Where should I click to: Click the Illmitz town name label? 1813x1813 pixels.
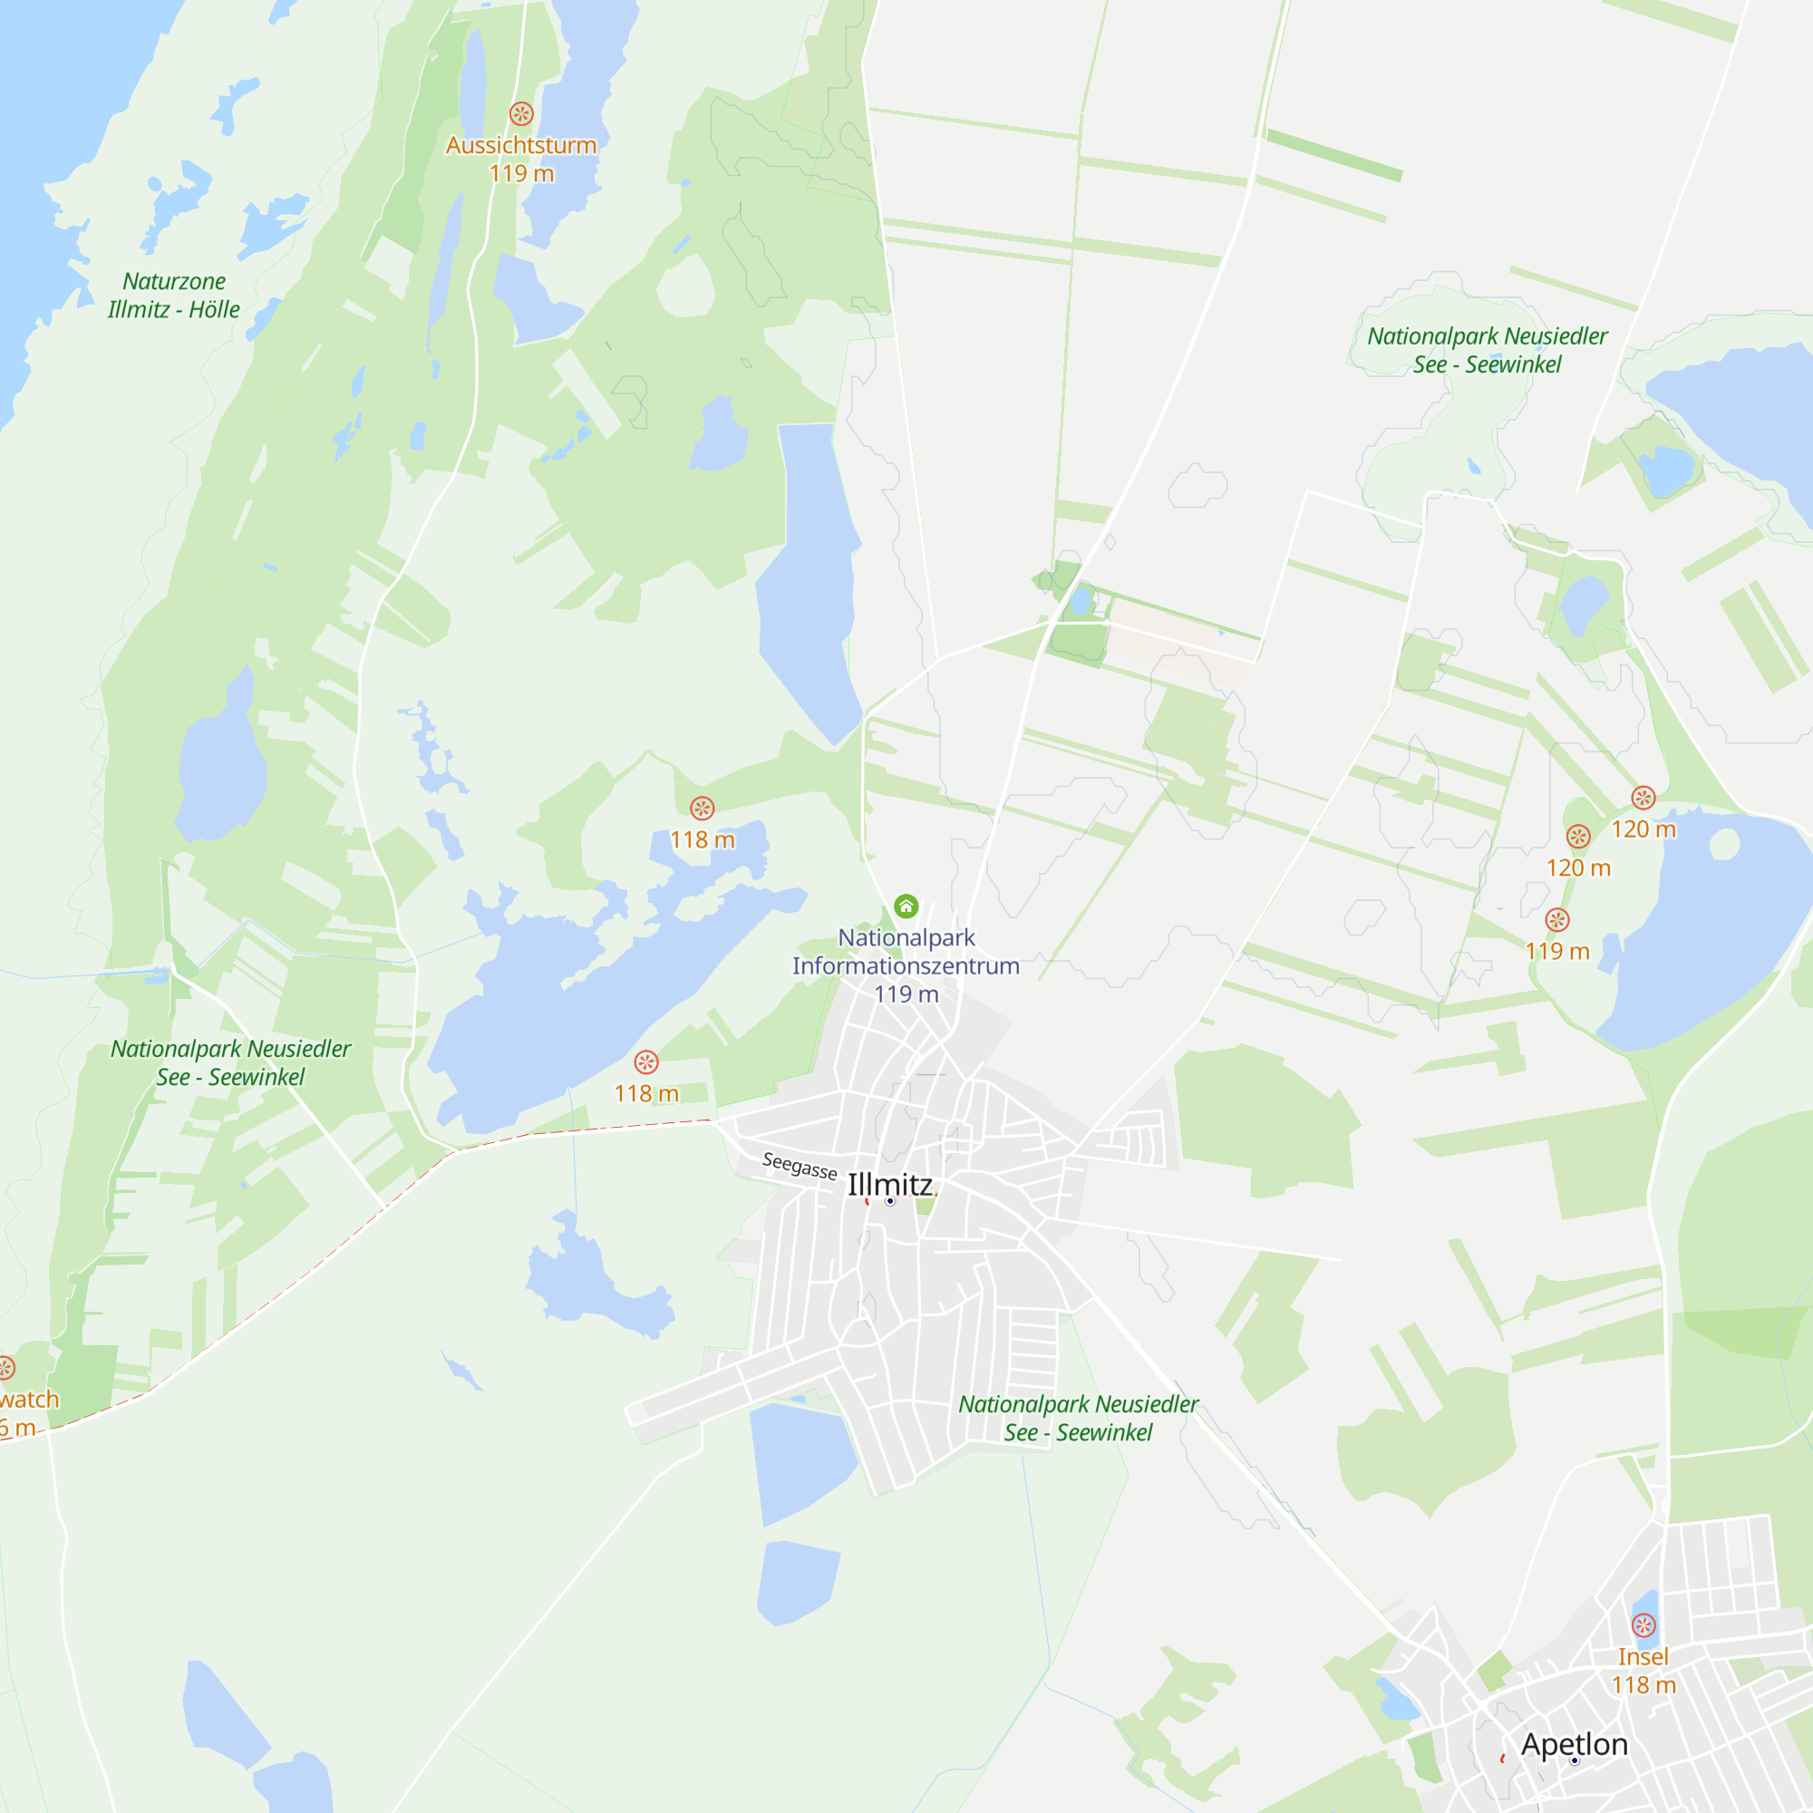[889, 1184]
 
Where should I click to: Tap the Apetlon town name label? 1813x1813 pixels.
[1575, 1744]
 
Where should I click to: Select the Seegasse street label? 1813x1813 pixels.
[800, 1166]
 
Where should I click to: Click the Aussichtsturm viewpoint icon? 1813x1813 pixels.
[522, 113]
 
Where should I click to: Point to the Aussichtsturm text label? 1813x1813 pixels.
[522, 145]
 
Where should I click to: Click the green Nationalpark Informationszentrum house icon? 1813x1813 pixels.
[906, 906]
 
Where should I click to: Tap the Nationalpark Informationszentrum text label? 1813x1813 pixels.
[906, 952]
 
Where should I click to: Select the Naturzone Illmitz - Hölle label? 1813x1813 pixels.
[174, 296]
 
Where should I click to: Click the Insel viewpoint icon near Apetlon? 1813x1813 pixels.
[1644, 1625]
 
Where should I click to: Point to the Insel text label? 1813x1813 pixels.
[1643, 1657]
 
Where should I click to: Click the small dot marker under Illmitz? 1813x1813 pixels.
[890, 1201]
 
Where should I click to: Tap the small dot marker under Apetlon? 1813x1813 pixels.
[1575, 1761]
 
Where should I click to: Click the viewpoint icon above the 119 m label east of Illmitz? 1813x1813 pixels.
[1557, 919]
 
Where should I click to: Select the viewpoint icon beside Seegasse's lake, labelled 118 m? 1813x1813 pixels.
[646, 1062]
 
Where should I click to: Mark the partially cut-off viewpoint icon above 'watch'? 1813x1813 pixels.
[5, 1368]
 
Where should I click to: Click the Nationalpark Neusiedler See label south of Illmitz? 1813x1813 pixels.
[1078, 1418]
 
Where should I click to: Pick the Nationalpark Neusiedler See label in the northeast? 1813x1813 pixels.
[1488, 350]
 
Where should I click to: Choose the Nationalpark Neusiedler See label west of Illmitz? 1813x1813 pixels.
[231, 1062]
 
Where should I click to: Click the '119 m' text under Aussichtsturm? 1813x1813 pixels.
[522, 174]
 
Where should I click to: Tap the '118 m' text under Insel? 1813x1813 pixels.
[1644, 1685]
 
